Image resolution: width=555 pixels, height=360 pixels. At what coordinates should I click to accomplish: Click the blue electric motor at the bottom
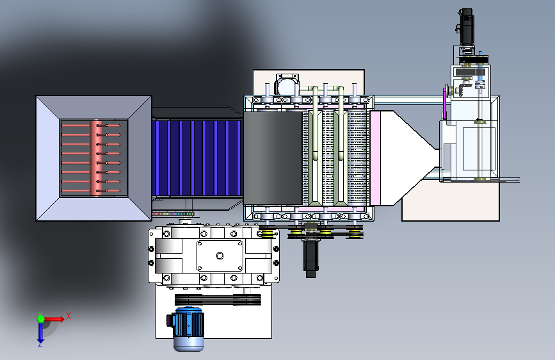[x=188, y=329]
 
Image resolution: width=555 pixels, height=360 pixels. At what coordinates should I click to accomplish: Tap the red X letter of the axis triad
[x=68, y=316]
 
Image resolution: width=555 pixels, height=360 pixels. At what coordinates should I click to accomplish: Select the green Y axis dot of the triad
[x=41, y=318]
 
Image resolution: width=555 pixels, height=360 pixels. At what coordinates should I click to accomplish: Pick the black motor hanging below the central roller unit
[x=310, y=259]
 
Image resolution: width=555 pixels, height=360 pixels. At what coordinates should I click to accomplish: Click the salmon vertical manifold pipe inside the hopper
[x=96, y=158]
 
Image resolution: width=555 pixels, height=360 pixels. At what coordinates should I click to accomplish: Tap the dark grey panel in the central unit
[x=273, y=158]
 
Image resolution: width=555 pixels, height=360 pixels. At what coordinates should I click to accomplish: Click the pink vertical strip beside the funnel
[x=374, y=158]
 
